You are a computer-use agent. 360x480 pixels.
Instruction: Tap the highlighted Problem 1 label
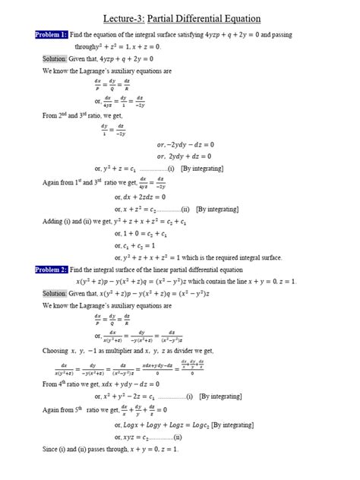pos(52,35)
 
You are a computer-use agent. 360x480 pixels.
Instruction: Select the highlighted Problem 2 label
pos(52,269)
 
